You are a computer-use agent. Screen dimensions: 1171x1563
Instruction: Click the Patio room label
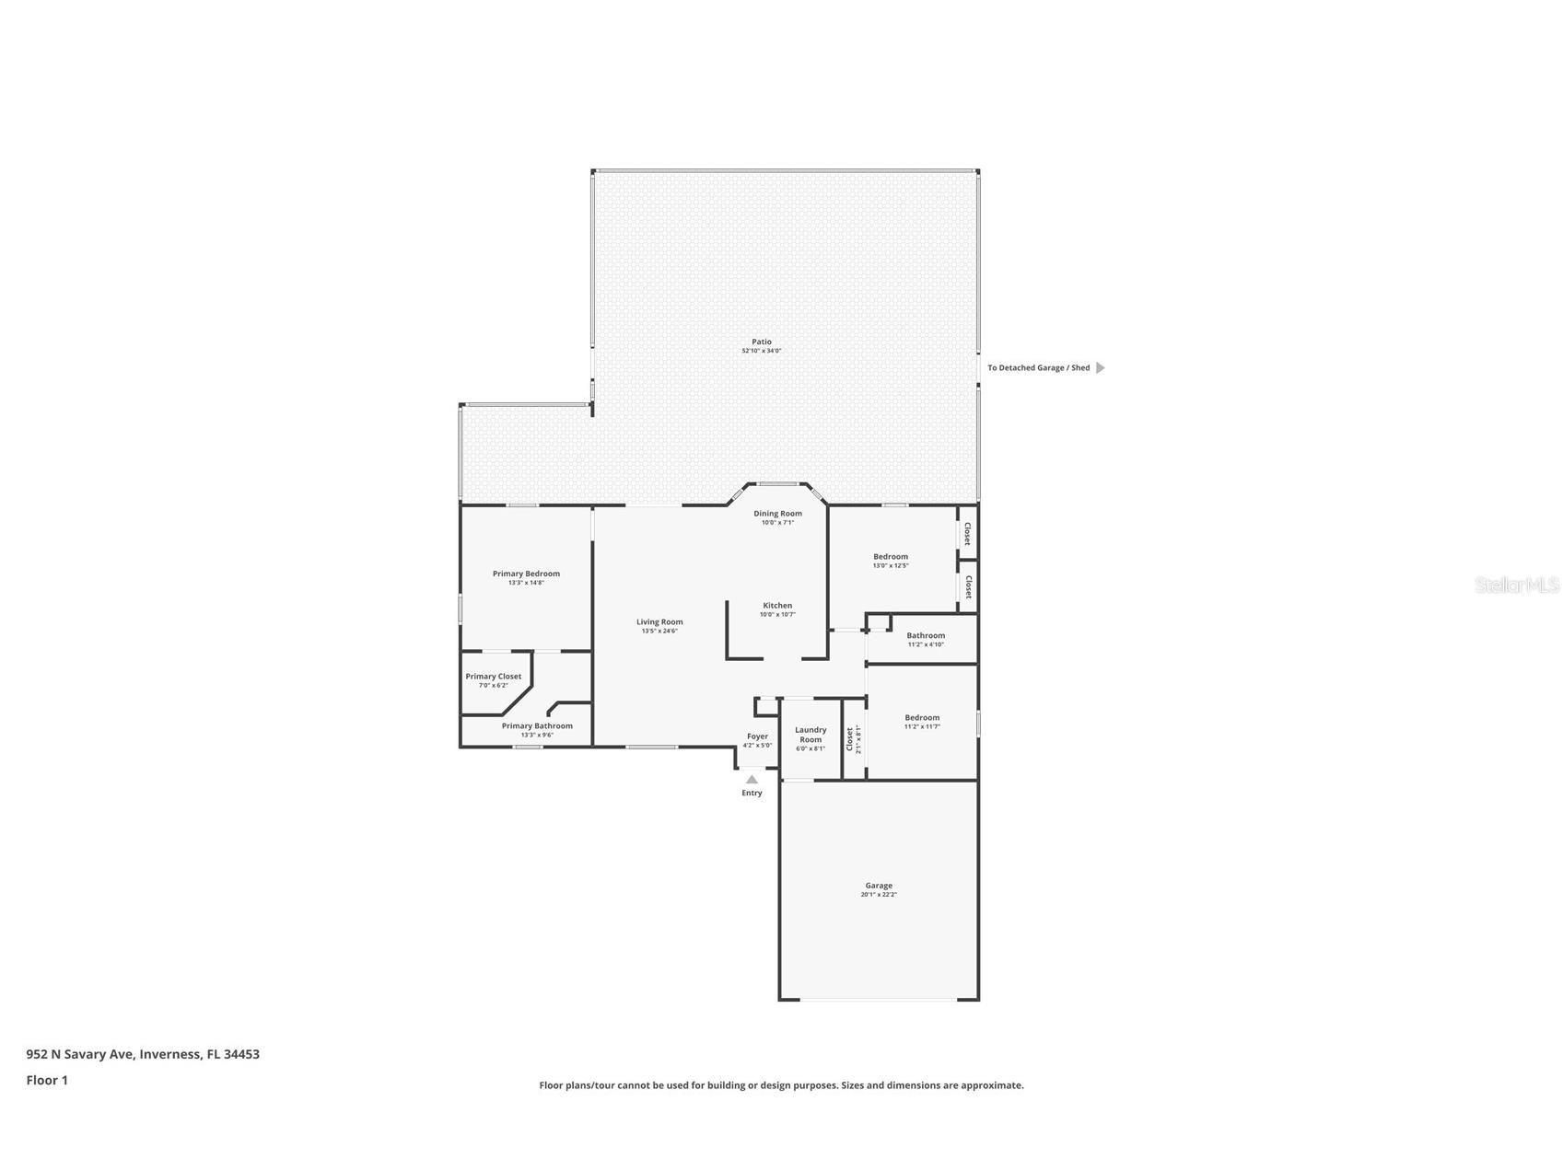[x=761, y=342]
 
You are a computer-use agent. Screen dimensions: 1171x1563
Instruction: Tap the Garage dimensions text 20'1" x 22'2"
[x=879, y=895]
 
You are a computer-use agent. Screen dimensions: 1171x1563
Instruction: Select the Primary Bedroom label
[x=526, y=574]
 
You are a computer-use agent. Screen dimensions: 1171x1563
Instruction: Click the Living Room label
[x=659, y=622]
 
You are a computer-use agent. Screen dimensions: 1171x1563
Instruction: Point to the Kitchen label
[x=777, y=606]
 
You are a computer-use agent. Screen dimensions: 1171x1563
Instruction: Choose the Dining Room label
[x=777, y=514]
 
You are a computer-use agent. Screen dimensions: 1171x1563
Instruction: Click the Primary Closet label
[x=493, y=677]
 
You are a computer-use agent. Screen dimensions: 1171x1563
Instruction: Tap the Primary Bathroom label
[x=537, y=726]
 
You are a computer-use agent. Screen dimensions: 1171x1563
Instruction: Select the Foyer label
[x=757, y=736]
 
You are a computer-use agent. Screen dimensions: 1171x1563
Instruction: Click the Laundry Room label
[x=811, y=735]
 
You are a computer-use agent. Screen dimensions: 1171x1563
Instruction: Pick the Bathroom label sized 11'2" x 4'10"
[x=926, y=636]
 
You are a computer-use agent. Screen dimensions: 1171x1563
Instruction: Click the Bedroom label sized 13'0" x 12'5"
[x=891, y=557]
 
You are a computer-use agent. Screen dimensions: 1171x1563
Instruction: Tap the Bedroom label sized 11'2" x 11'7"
[x=922, y=718]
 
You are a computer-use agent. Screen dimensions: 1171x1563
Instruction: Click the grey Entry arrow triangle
[x=752, y=780]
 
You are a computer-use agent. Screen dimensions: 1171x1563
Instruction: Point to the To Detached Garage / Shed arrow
[x=1100, y=368]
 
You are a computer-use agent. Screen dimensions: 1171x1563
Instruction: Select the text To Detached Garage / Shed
[x=1038, y=368]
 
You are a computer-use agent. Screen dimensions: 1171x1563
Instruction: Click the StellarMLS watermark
[x=1516, y=585]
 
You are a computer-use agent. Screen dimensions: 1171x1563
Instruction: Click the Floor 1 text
[x=47, y=1081]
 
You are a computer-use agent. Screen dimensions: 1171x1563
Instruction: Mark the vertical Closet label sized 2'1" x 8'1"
[x=850, y=738]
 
